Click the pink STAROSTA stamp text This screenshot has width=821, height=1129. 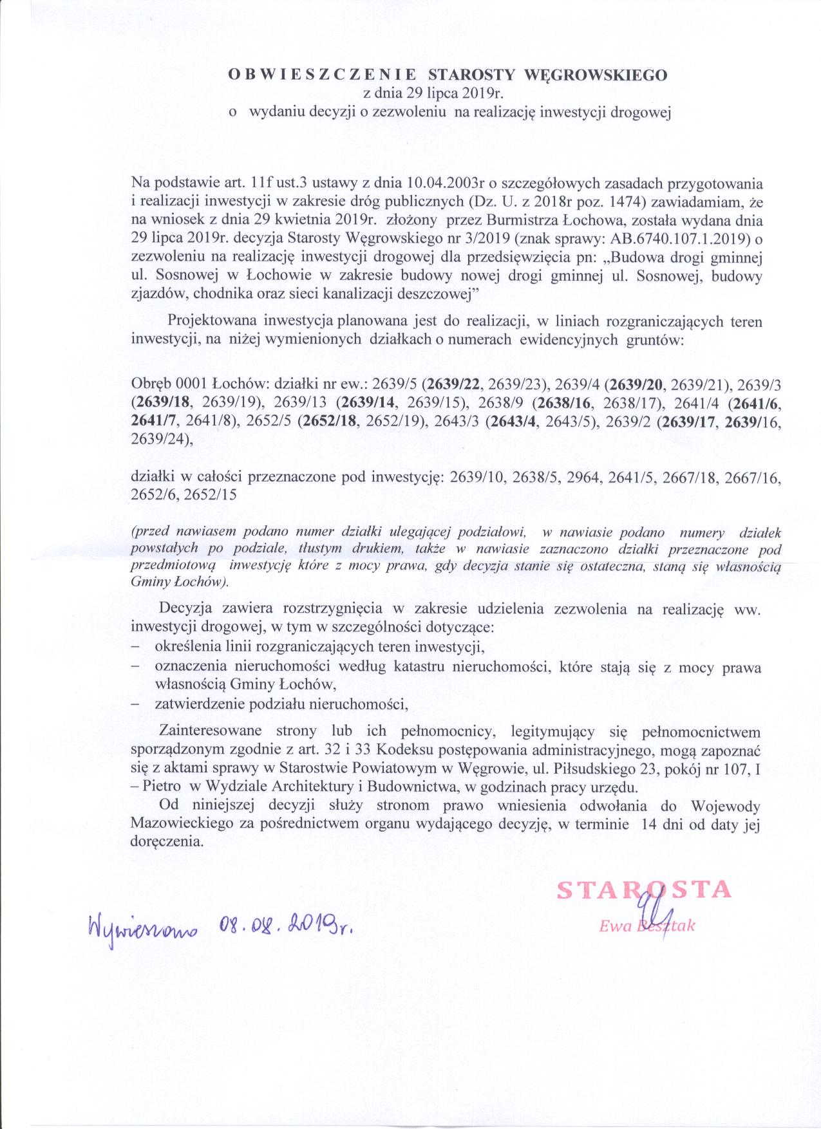click(644, 890)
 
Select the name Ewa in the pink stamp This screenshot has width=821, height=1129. click(612, 926)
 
